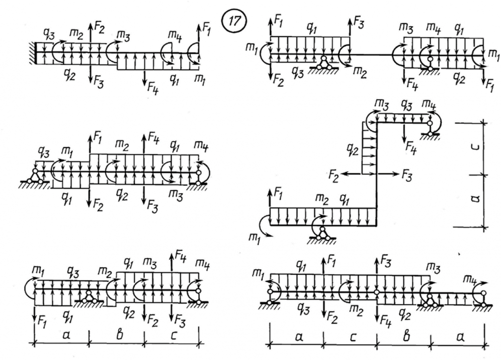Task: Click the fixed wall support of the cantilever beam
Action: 31,52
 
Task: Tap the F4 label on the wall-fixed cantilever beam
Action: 150,88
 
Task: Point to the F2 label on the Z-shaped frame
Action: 334,175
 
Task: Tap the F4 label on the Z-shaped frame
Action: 411,147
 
